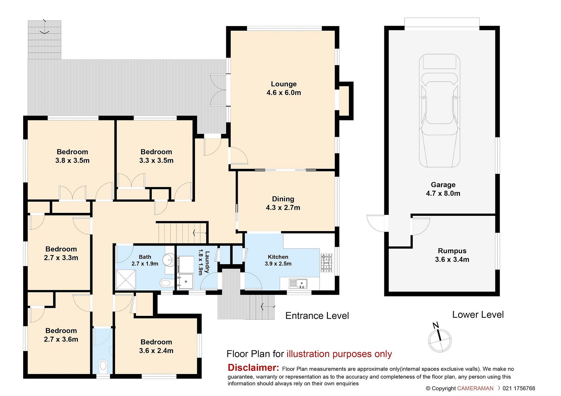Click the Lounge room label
tap(284, 88)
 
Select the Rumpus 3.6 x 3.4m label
tap(452, 255)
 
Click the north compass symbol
tap(440, 339)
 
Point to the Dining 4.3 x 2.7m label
tap(283, 203)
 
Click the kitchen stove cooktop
tap(326, 263)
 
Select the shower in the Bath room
tap(126, 280)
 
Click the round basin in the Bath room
tap(169, 260)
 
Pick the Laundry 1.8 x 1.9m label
tap(204, 262)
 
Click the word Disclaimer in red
tap(253, 368)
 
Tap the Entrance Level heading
tap(317, 316)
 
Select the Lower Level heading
tap(478, 315)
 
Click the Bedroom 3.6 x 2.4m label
tap(156, 346)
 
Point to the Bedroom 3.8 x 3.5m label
tap(73, 156)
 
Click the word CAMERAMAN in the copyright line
tap(475, 388)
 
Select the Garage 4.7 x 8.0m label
tap(443, 189)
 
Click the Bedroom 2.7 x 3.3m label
tap(61, 253)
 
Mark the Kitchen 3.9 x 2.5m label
tap(278, 260)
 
